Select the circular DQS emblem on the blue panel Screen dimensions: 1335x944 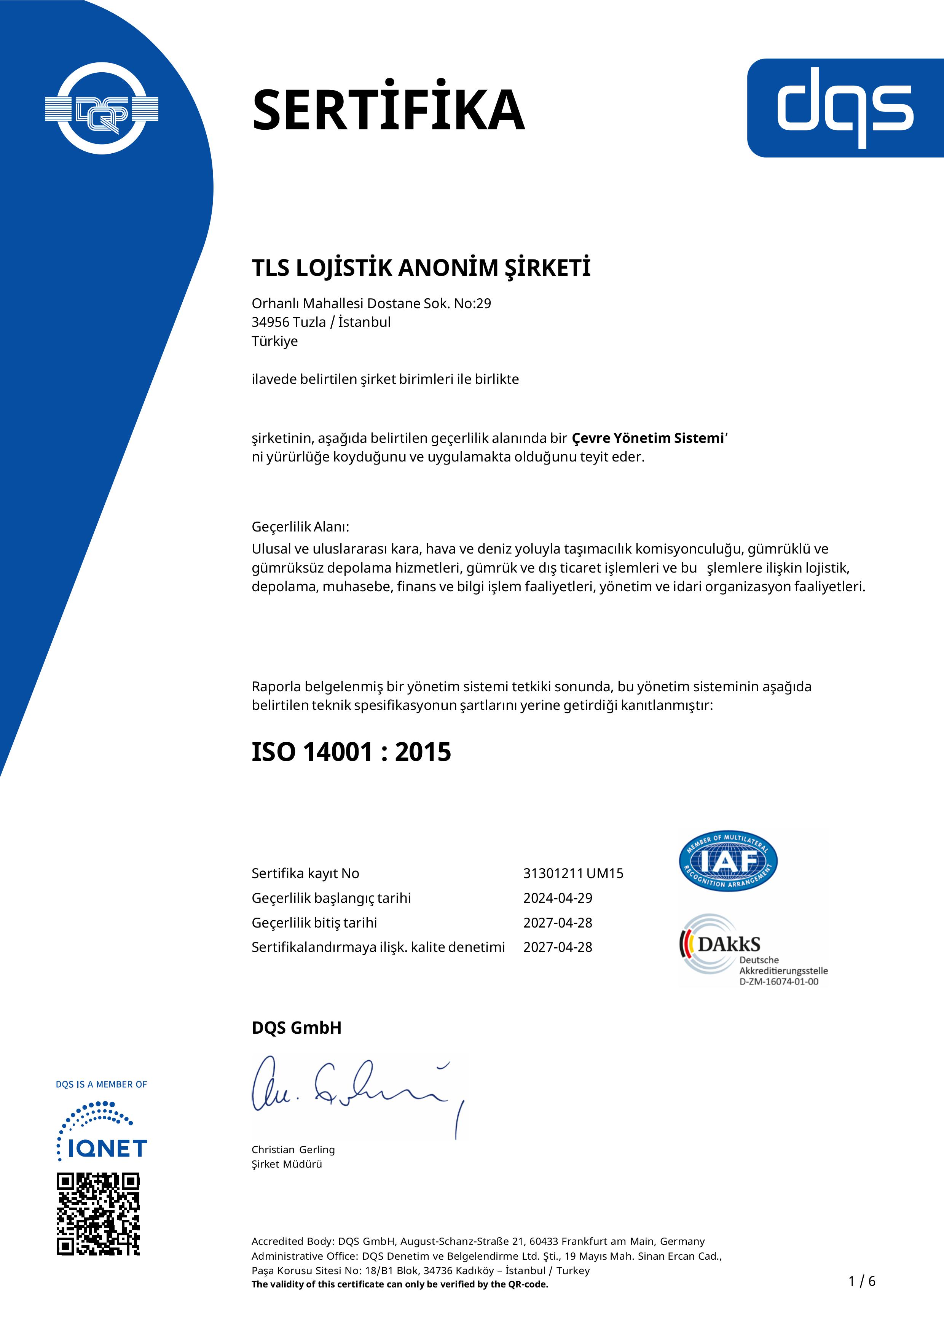[x=102, y=109]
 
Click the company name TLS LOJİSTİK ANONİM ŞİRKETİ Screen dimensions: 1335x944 [x=421, y=268]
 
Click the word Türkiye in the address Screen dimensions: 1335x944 [x=274, y=341]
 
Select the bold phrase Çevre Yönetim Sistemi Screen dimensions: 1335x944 [x=647, y=438]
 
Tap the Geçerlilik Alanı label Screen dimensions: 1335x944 [x=300, y=527]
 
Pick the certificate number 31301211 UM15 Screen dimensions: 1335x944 [x=573, y=874]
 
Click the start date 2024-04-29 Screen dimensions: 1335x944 [x=558, y=898]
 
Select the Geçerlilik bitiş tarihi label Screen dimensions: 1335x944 [x=314, y=923]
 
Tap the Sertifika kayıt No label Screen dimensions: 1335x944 [x=305, y=874]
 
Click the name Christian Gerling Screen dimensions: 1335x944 [x=293, y=1149]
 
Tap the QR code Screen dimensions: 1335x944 [x=98, y=1214]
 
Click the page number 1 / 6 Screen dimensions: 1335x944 [x=862, y=1281]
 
